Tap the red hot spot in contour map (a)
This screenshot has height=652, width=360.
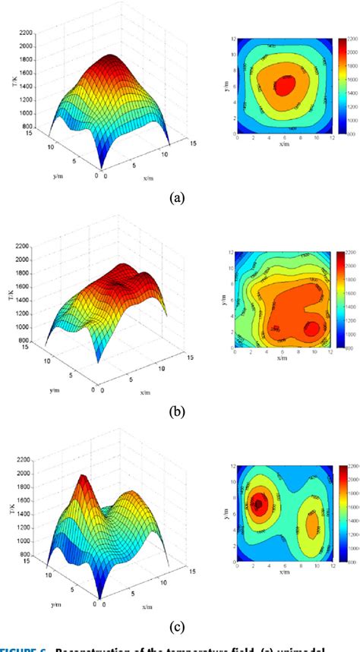[x=283, y=86]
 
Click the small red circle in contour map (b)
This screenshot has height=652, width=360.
[x=311, y=328]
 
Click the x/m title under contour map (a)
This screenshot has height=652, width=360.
[x=281, y=143]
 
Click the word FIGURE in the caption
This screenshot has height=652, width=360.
[x=24, y=647]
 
